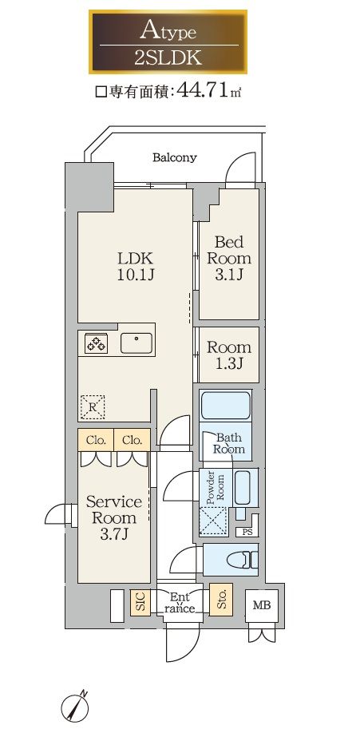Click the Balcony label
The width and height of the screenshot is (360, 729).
[174, 157]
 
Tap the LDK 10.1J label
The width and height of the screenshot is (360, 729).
[135, 267]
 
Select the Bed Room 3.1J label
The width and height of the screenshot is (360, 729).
[228, 258]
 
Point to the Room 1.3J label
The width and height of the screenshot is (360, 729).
[229, 355]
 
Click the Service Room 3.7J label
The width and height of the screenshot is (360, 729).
[114, 518]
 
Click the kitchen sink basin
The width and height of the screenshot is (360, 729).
[137, 343]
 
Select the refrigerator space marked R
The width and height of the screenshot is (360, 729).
[93, 406]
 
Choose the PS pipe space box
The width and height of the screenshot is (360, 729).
[247, 533]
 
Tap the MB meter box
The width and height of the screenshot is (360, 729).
[262, 605]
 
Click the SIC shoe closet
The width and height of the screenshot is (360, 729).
[140, 603]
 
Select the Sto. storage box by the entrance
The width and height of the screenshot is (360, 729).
[220, 600]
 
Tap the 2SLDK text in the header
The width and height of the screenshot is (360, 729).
[168, 58]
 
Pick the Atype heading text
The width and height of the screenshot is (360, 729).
[168, 30]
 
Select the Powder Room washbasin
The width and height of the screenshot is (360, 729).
[243, 488]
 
